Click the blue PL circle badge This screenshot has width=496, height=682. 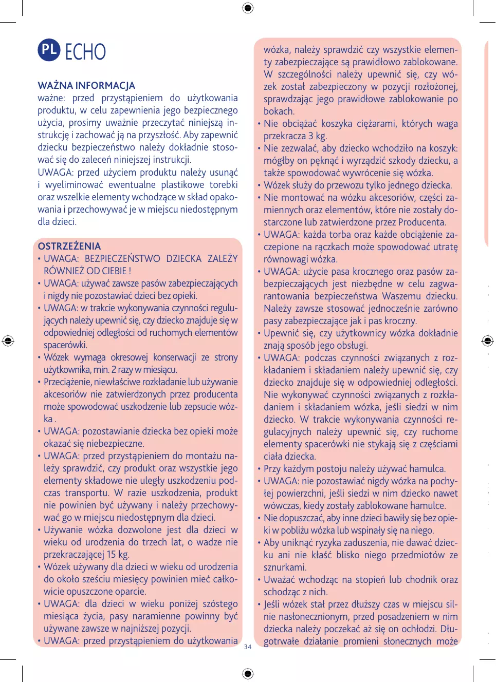[49, 50]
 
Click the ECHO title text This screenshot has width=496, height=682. [85, 52]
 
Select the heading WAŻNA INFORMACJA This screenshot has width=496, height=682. [86, 85]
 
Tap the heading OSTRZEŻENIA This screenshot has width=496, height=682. [69, 246]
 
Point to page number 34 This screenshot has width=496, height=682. [248, 647]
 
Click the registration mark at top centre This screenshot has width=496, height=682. [248, 8]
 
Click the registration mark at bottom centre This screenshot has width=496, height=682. [248, 673]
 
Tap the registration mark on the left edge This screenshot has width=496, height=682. [8, 340]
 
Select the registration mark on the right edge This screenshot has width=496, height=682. [487, 340]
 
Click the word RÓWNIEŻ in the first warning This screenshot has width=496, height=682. [64, 271]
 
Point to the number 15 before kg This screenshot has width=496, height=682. [111, 554]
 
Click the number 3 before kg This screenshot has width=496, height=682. [310, 136]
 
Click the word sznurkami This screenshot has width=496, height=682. [285, 567]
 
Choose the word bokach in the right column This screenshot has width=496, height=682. [278, 111]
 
